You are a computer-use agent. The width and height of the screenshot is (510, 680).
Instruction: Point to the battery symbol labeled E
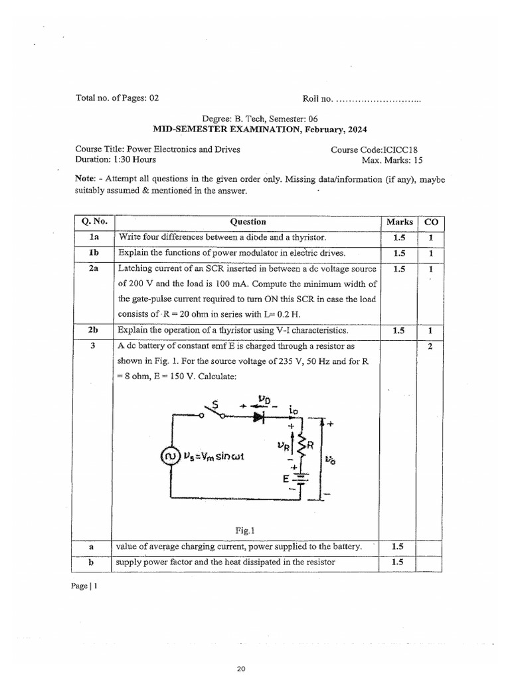(x=300, y=479)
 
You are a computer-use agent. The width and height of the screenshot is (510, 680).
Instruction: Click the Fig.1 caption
(x=245, y=530)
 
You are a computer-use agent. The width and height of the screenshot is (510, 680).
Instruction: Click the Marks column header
(x=398, y=222)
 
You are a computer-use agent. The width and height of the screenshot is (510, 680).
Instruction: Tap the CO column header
(x=430, y=222)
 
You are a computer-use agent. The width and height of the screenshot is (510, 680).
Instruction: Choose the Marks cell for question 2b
(x=398, y=330)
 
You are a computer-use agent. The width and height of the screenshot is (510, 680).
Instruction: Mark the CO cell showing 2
(x=430, y=346)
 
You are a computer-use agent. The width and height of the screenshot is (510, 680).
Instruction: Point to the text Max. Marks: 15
(x=392, y=160)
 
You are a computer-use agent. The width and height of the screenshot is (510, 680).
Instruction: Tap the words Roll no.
(x=317, y=98)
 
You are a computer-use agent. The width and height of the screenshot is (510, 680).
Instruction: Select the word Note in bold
(x=86, y=180)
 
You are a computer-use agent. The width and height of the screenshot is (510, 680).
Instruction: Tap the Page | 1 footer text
(x=86, y=587)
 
